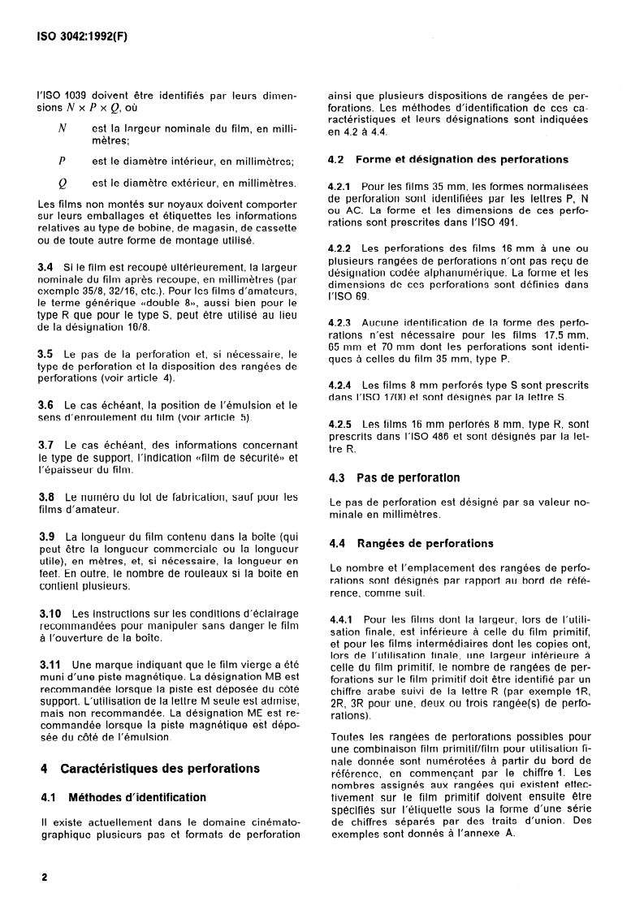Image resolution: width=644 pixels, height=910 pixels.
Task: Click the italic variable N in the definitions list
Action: [x=63, y=128]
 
